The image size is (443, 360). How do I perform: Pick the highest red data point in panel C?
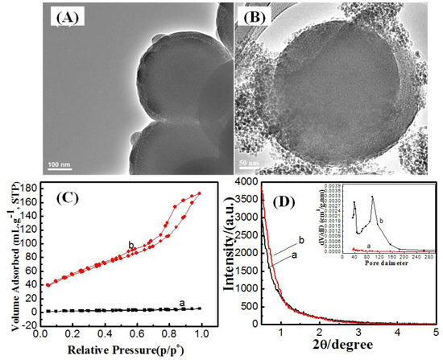[199, 194]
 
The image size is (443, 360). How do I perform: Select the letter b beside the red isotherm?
[130, 244]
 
